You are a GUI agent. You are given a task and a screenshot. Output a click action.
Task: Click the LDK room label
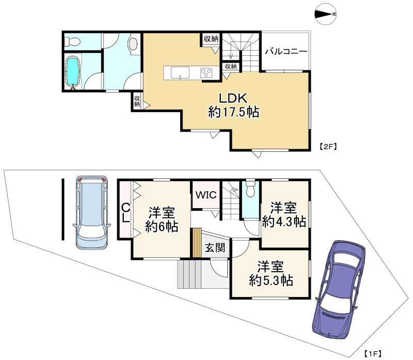coord(234,99)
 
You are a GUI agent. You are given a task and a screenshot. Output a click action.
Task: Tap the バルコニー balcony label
coord(286,51)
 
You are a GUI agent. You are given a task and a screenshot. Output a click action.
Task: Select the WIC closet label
coord(206,195)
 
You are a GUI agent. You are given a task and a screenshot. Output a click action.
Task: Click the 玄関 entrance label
coord(215,248)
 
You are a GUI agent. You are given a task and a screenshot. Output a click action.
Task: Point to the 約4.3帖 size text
coord(284,222)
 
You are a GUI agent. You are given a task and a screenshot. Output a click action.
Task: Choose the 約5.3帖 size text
coord(271,280)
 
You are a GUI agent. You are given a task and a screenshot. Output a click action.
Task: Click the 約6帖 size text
coord(162,227)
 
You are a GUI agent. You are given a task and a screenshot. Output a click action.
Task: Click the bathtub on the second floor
coord(72,71)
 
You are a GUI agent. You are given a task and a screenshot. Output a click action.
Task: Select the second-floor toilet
coord(72,41)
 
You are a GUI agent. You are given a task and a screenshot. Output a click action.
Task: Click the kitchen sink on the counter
coord(180,72)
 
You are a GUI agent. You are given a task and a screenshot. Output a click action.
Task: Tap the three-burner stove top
coord(206,72)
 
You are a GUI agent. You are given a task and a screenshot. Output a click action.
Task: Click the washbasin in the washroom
coord(133,43)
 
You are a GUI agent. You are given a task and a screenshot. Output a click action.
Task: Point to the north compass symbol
coord(326,14)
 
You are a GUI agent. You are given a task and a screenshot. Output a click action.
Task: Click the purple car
coord(339,288)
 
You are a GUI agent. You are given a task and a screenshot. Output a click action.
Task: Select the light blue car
coord(92,212)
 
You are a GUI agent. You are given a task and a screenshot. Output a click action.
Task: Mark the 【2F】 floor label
coord(328,147)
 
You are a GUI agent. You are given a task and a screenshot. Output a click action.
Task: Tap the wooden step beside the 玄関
coord(197,243)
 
